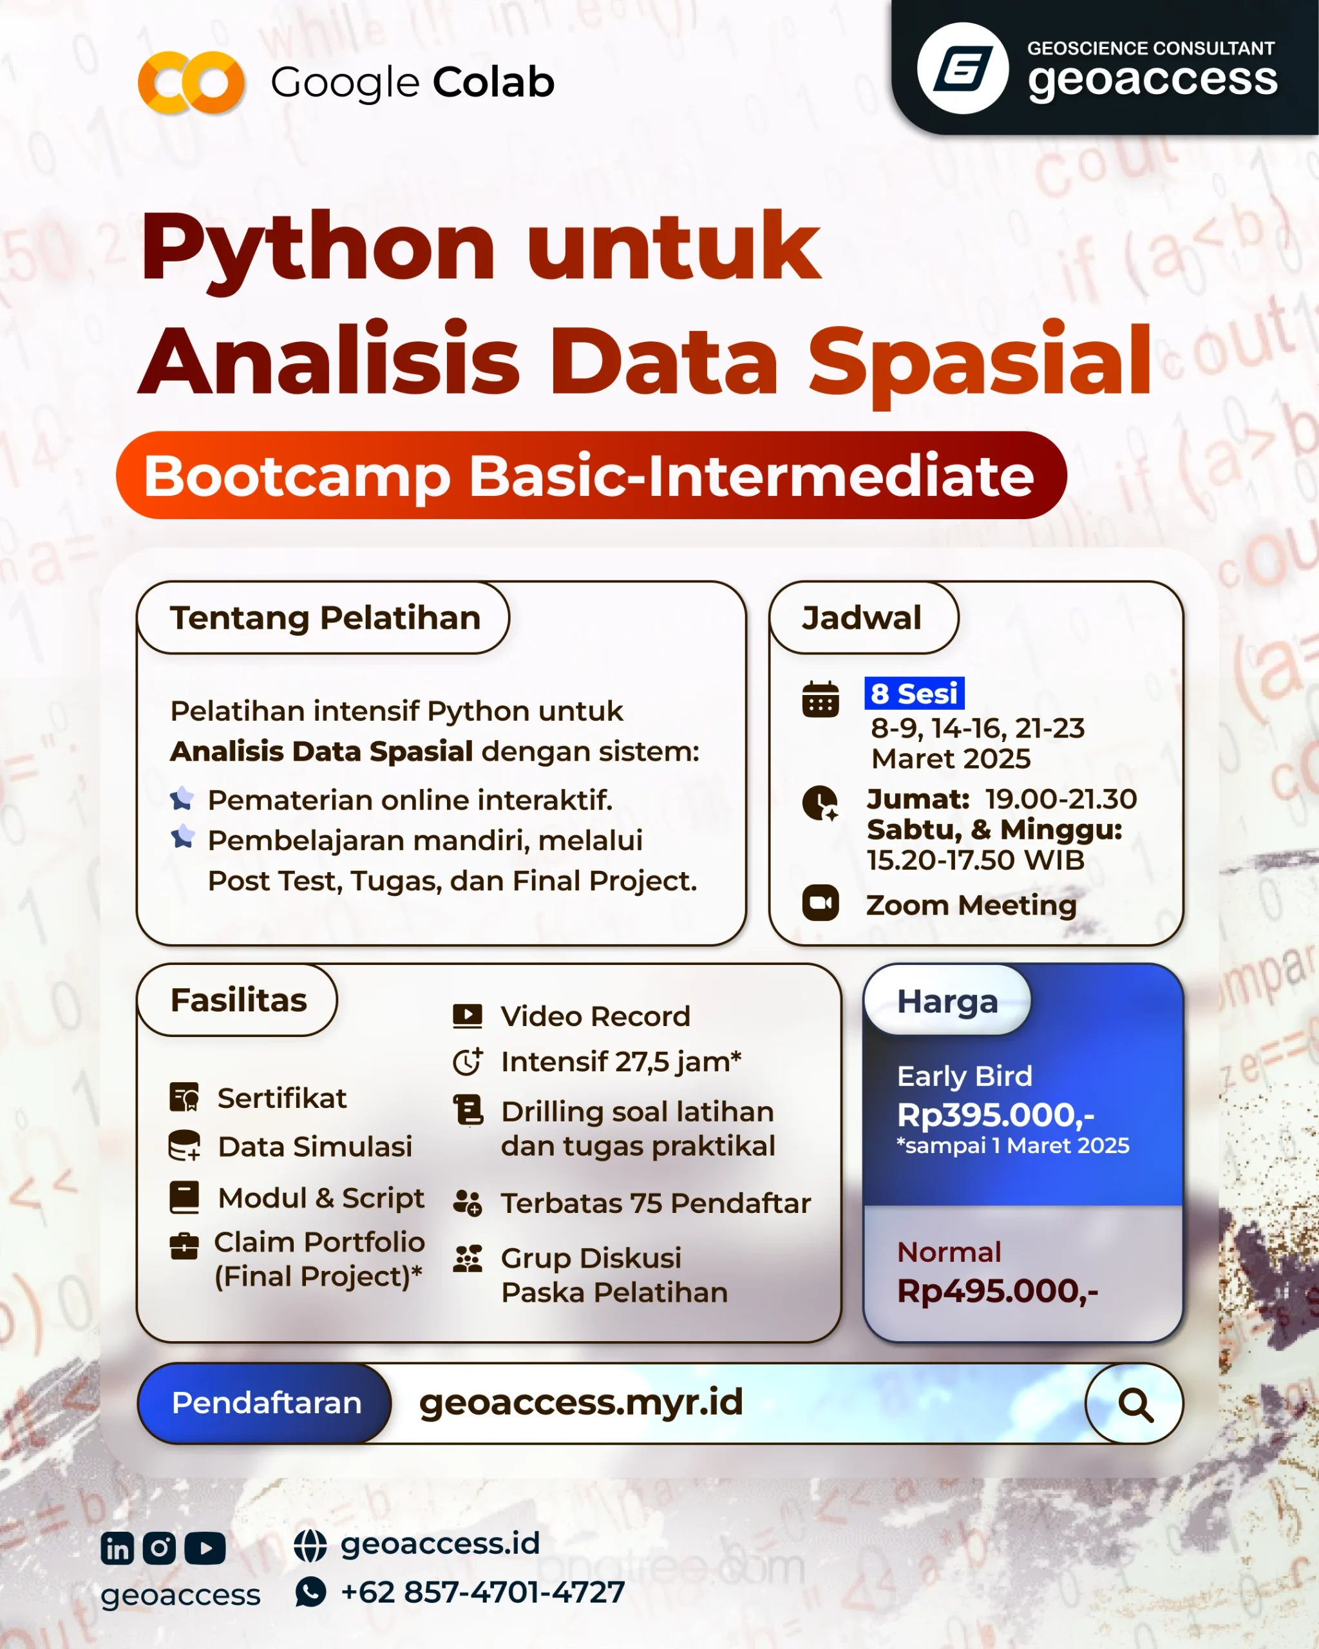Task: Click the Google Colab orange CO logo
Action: (191, 82)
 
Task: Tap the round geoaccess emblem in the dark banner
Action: (963, 68)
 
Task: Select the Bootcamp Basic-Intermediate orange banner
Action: (591, 475)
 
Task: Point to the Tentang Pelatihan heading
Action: (325, 618)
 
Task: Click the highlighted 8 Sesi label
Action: (914, 693)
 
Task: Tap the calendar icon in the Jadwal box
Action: (821, 699)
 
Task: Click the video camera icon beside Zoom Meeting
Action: (821, 903)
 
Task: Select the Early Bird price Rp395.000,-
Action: (996, 1115)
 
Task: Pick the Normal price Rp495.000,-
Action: (997, 1291)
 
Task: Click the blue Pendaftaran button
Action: (265, 1403)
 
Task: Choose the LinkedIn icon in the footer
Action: (118, 1549)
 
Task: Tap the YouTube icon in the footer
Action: (205, 1549)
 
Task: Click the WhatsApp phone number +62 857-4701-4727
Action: (482, 1592)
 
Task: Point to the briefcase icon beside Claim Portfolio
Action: (184, 1246)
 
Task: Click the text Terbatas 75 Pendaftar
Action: (655, 1203)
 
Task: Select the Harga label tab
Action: (947, 1000)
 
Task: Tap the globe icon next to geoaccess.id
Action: (310, 1546)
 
